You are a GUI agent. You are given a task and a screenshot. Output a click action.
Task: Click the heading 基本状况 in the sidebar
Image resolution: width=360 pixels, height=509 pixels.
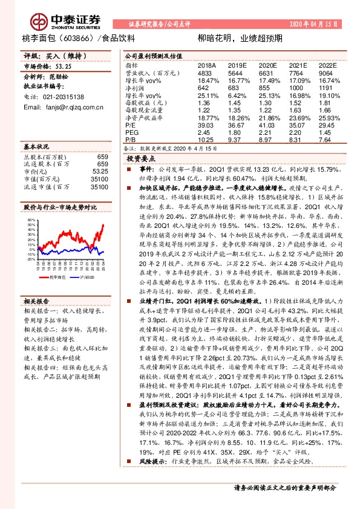point(36,148)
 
